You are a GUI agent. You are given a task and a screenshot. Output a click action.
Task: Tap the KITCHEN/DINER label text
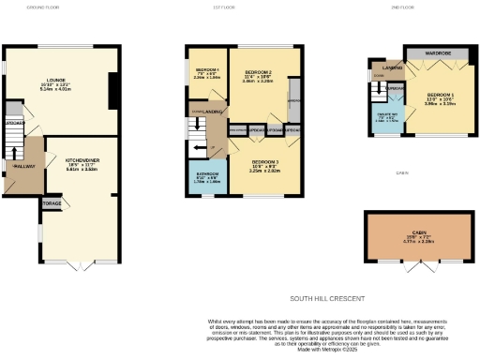coord(80,160)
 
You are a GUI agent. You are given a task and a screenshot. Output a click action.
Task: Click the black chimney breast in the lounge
coord(112,90)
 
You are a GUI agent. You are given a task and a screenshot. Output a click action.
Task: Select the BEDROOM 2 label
coord(257,72)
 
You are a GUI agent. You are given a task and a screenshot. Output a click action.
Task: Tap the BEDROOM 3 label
coord(266,163)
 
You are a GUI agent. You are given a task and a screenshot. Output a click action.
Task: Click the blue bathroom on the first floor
coord(207,178)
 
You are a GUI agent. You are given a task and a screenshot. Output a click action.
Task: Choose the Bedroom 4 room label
coord(206,70)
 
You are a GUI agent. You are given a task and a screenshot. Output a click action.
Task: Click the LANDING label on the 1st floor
coord(215,112)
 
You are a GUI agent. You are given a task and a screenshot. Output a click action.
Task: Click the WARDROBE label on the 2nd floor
coord(436,53)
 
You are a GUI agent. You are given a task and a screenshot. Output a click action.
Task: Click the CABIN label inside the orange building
coord(419,233)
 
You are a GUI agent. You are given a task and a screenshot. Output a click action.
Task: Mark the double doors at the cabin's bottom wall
coord(419,262)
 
